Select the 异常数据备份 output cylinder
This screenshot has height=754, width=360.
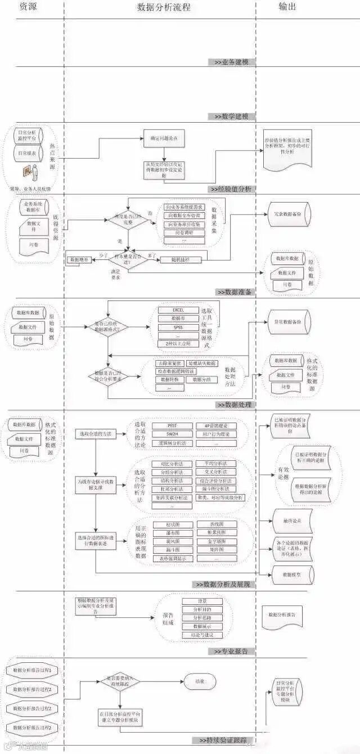287,322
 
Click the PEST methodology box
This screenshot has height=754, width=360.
172,426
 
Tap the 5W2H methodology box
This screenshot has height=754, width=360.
172,434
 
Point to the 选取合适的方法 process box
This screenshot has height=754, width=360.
96,434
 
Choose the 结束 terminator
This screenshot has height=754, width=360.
200,681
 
